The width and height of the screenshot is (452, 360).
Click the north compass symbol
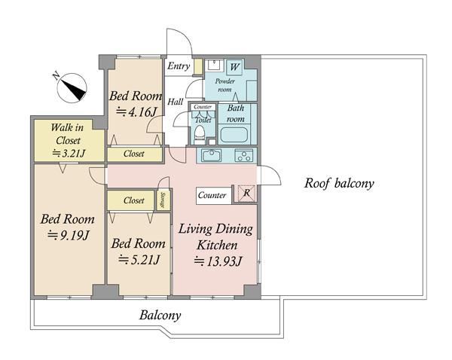tap(72, 88)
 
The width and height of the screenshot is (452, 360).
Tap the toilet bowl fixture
tap(200, 135)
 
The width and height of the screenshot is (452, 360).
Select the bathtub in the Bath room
tap(234, 135)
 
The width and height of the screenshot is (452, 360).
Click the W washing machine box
tap(234, 68)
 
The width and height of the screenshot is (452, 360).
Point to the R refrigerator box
tap(246, 193)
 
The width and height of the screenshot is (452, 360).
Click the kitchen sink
tap(211, 156)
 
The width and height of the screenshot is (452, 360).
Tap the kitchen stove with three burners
tap(244, 156)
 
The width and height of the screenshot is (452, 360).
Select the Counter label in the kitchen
tap(212, 195)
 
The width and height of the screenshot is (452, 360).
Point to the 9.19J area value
tap(69, 235)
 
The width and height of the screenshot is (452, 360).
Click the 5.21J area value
tap(139, 260)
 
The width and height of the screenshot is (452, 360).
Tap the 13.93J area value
tap(218, 261)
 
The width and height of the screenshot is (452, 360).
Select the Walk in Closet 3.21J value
tap(69, 153)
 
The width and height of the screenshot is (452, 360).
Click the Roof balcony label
tap(339, 184)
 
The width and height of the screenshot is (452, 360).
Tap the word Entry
tap(179, 66)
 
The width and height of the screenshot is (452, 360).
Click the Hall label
tap(176, 102)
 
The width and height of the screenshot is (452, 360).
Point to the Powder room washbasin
tap(214, 65)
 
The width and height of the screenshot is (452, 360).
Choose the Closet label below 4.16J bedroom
tap(134, 154)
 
